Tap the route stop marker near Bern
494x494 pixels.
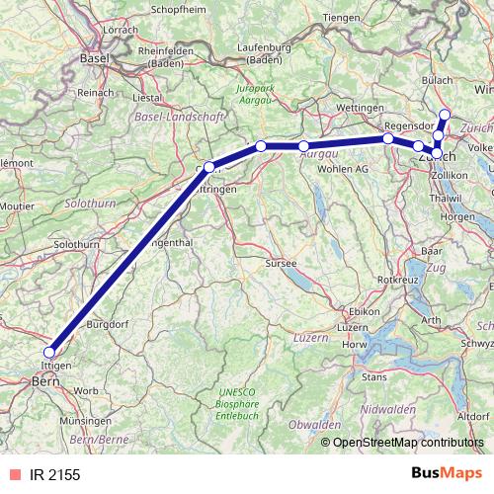(49, 352)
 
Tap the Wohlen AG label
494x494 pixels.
(343, 169)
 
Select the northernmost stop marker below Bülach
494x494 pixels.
(445, 115)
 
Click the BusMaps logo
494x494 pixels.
(447, 474)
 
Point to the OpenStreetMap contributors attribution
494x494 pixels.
(407, 444)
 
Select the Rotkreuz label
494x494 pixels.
(399, 281)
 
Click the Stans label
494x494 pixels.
(374, 376)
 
